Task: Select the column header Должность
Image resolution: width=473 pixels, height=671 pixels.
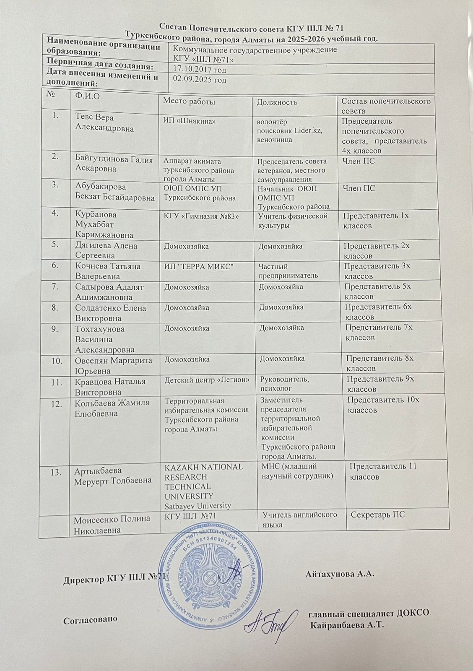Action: tap(277, 102)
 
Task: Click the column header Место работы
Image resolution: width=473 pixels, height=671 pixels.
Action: tap(189, 101)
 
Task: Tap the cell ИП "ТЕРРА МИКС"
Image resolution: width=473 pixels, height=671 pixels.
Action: tap(198, 266)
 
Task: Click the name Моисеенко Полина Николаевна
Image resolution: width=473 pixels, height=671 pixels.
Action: tap(112, 524)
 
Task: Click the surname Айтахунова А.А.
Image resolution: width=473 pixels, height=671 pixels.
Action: tap(340, 573)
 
